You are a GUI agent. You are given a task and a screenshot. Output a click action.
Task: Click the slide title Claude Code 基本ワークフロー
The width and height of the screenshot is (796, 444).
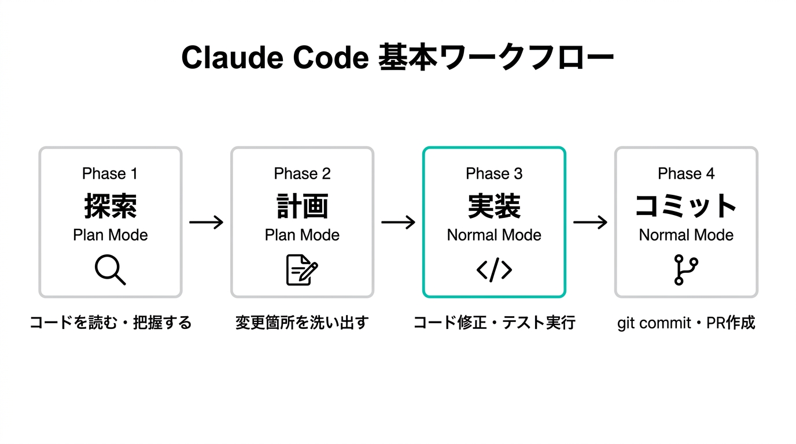pos(397,58)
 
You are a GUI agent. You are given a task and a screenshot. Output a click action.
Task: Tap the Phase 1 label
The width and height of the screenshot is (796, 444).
pos(110,173)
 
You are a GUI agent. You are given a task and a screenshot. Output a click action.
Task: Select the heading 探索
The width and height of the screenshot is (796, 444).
pos(110,206)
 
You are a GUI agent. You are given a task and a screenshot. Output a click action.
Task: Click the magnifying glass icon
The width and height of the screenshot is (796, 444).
pos(110,270)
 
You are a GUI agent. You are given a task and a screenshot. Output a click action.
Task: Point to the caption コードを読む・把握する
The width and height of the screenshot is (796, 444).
pos(110,323)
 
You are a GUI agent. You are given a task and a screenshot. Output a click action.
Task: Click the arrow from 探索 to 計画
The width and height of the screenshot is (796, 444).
pos(206,222)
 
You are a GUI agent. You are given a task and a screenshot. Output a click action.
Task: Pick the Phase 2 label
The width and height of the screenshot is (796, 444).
pos(302,173)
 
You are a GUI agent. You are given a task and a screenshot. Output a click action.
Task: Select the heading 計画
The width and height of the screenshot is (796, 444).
pos(302,206)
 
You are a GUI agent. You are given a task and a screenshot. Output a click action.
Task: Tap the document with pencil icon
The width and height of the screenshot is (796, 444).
pos(302,270)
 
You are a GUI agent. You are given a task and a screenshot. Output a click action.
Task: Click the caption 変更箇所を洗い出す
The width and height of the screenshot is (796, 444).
pos(302,323)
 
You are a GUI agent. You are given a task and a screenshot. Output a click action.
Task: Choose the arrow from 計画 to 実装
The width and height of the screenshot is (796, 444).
pos(398,222)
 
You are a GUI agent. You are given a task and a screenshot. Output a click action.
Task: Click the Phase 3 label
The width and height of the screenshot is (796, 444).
pos(494,173)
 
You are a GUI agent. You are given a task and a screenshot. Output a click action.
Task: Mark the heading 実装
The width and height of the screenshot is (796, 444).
pos(494,206)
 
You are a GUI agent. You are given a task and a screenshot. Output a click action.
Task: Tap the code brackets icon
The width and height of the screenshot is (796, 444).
pos(494,270)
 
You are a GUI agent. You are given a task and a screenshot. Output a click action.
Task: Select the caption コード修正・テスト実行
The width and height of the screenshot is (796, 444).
pos(494,323)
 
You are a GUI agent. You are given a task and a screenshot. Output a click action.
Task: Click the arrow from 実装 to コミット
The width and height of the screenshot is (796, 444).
pos(590,222)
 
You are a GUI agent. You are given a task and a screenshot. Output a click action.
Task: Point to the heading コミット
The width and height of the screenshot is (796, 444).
pos(686,206)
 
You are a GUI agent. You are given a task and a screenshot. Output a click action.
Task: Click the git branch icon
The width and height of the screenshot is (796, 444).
pos(686,270)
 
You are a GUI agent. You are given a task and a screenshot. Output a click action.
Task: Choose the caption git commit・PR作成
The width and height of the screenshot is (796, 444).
pos(686,323)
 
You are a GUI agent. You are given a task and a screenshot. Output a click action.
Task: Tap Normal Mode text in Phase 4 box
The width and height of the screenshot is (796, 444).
pos(686,235)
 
